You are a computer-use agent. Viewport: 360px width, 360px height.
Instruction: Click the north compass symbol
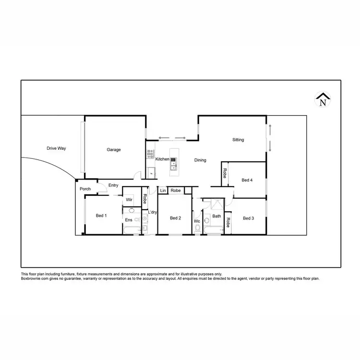[x=323, y=99]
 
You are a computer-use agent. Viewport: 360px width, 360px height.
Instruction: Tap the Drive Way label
[x=56, y=148]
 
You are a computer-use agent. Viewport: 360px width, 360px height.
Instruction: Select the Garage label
[x=114, y=150]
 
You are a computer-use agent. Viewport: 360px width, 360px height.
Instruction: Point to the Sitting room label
[x=238, y=140]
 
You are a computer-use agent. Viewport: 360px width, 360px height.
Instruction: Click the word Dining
[x=200, y=160]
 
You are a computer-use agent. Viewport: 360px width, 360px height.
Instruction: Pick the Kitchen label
[x=162, y=159]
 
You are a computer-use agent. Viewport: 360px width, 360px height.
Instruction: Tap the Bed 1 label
[x=101, y=216]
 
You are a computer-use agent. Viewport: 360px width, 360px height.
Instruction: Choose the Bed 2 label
[x=175, y=218]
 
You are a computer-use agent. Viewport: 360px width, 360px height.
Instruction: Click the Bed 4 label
[x=247, y=180]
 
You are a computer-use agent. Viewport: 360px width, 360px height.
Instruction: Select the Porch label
[x=85, y=189]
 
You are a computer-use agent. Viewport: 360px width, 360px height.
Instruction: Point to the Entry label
[x=113, y=185]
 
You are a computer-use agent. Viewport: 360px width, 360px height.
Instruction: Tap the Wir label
[x=129, y=200]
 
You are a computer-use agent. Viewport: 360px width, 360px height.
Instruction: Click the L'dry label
[x=153, y=212]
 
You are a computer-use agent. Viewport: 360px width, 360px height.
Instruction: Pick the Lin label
[x=163, y=191]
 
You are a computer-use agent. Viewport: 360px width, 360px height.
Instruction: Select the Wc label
[x=197, y=221]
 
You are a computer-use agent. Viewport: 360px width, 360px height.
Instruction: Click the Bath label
[x=217, y=216]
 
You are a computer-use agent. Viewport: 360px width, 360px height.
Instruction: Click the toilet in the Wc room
[x=197, y=229]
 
